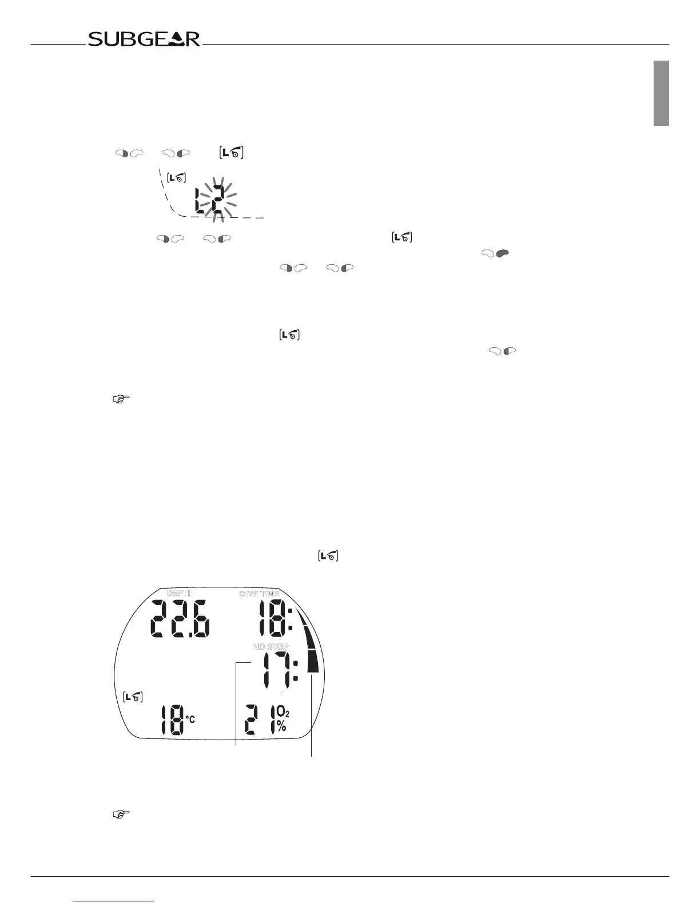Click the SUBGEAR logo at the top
[144, 39]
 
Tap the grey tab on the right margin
[662, 93]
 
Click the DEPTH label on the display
[180, 593]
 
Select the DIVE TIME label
[259, 594]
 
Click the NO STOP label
[271, 646]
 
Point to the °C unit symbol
[190, 719]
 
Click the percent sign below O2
[281, 726]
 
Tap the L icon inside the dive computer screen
[133, 697]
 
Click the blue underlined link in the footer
[114, 901]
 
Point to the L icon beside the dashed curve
[177, 178]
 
